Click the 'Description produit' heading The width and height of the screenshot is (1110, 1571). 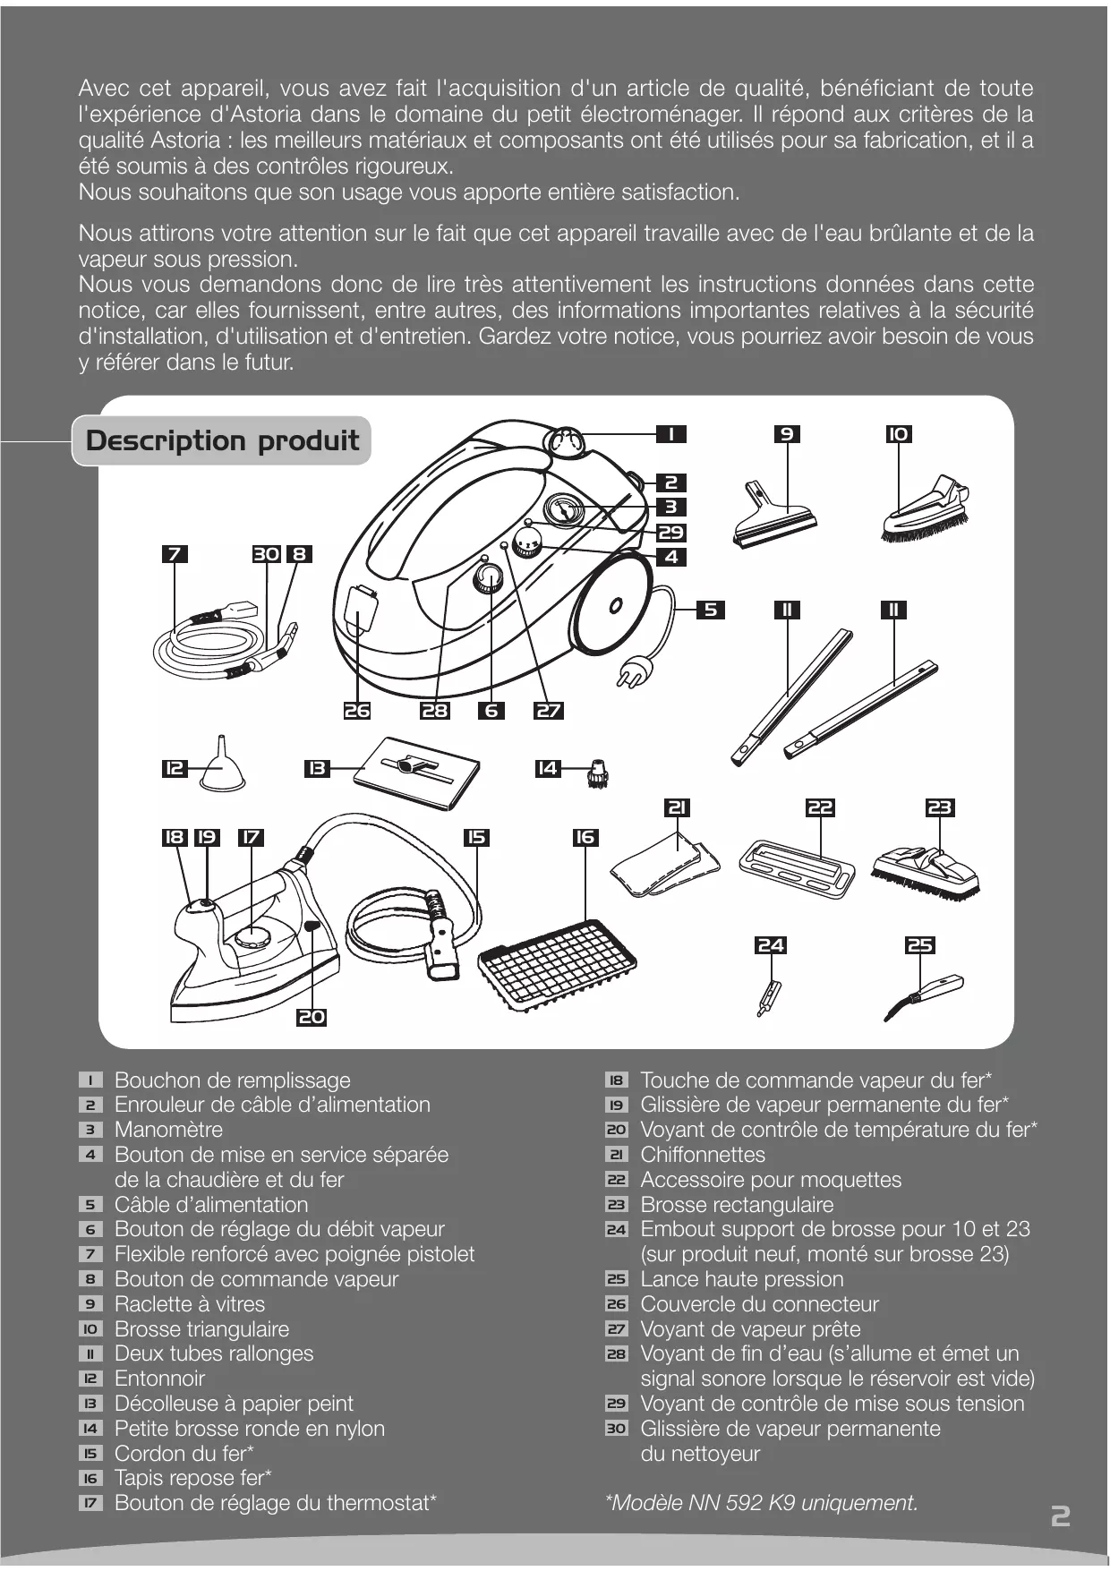tap(222, 440)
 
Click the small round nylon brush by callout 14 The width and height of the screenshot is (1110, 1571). tap(596, 771)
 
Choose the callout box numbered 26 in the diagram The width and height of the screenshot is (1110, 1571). tap(357, 711)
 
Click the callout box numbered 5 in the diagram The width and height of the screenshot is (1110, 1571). tap(710, 610)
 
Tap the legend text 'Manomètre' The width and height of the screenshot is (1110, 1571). tap(168, 1130)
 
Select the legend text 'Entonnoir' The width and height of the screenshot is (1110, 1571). tap(159, 1379)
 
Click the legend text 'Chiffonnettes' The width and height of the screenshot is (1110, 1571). tap(703, 1155)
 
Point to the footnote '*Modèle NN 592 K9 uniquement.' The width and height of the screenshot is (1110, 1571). tap(762, 1503)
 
